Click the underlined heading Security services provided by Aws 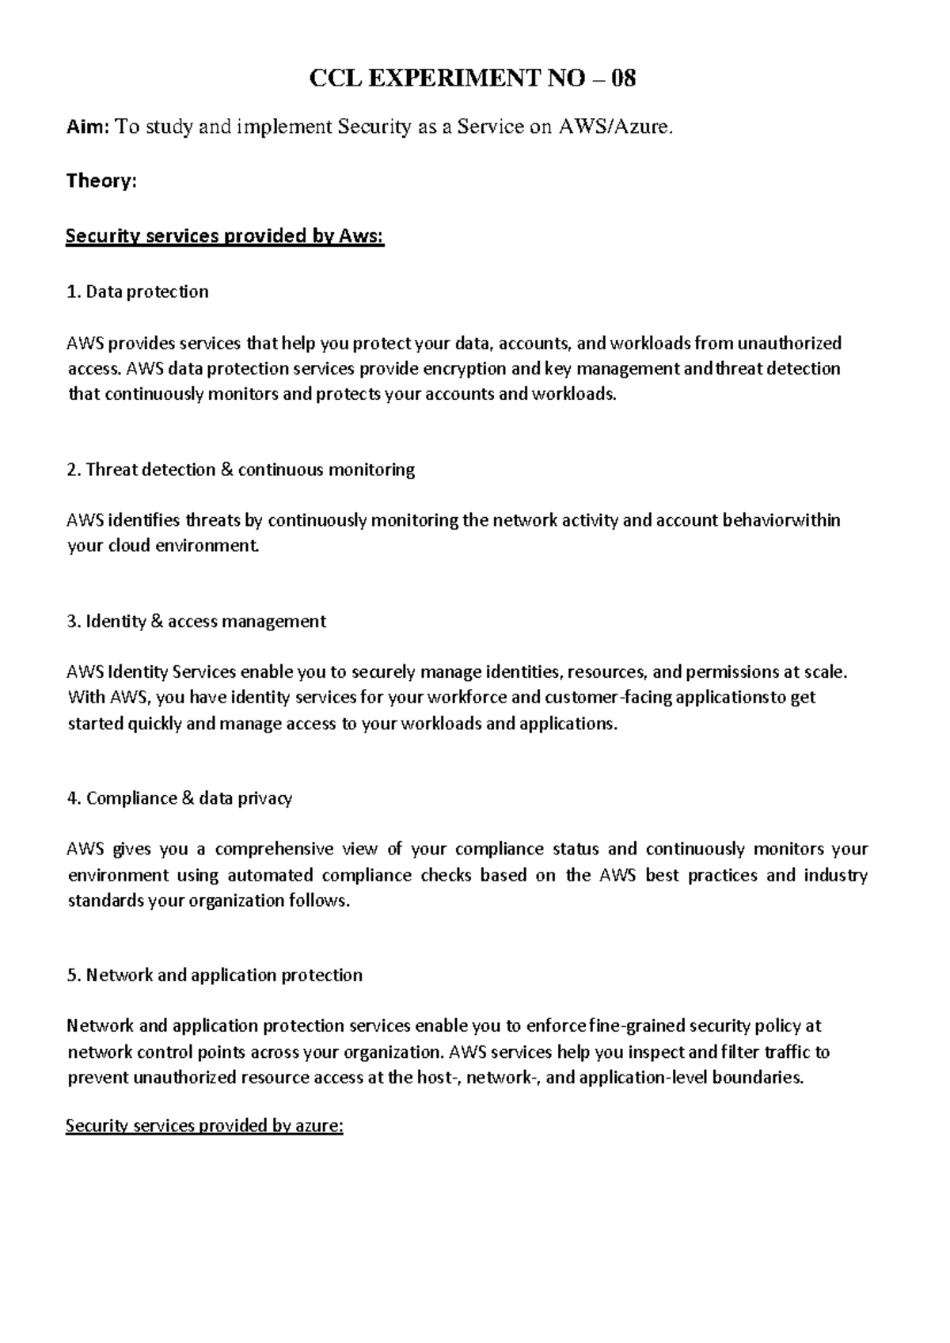click(x=225, y=236)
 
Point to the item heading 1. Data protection click(x=138, y=291)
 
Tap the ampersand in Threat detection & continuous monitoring click(x=224, y=470)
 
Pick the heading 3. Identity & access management click(x=196, y=621)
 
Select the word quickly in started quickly click(x=154, y=724)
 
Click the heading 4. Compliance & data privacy click(x=180, y=798)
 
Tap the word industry click(x=835, y=875)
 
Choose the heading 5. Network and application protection click(x=215, y=975)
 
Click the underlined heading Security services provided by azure click(x=204, y=1126)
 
